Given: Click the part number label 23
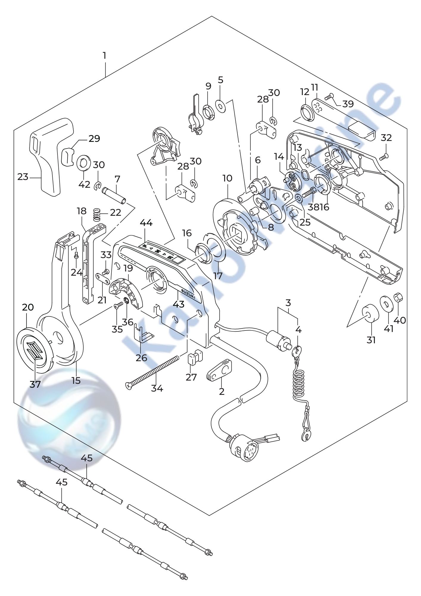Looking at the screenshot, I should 23,177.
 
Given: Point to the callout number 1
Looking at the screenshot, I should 105,56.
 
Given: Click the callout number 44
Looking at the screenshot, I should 146,223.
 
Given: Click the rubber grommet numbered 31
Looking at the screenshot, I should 370,313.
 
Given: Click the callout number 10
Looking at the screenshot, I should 227,179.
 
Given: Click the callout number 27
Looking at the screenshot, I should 191,377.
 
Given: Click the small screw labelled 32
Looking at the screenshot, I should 384,155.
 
